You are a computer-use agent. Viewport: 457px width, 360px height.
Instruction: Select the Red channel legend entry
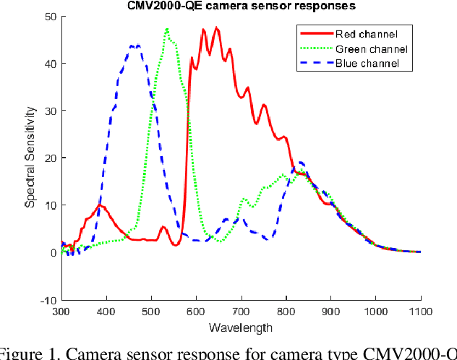(x=365, y=34)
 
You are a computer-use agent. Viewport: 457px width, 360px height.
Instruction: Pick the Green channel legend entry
(x=371, y=49)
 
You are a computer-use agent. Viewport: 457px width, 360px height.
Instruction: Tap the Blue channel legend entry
(x=367, y=64)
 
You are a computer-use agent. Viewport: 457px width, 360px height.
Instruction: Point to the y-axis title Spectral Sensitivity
(x=30, y=157)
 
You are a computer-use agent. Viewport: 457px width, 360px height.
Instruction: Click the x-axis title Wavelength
(x=241, y=327)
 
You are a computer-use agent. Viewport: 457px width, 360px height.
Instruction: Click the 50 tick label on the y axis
(x=50, y=16)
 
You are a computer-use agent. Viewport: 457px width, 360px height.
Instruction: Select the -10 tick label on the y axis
(x=48, y=300)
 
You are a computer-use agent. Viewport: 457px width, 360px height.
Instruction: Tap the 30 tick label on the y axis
(x=50, y=111)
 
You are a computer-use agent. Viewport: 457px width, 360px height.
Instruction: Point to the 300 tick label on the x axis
(x=61, y=312)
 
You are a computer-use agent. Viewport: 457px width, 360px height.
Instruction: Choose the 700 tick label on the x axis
(x=241, y=312)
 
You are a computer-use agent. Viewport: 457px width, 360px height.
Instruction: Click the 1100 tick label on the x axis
(x=420, y=312)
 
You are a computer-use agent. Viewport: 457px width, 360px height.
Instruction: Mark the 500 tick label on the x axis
(x=150, y=312)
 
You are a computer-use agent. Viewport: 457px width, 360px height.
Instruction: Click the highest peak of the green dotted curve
(x=167, y=30)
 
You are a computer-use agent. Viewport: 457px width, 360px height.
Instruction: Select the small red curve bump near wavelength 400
(x=101, y=206)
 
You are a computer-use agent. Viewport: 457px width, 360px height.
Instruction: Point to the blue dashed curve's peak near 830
(x=300, y=162)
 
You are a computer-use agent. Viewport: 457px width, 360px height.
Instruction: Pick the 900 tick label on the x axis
(x=330, y=312)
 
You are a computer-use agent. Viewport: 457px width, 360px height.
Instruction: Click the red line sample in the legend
(x=315, y=34)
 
